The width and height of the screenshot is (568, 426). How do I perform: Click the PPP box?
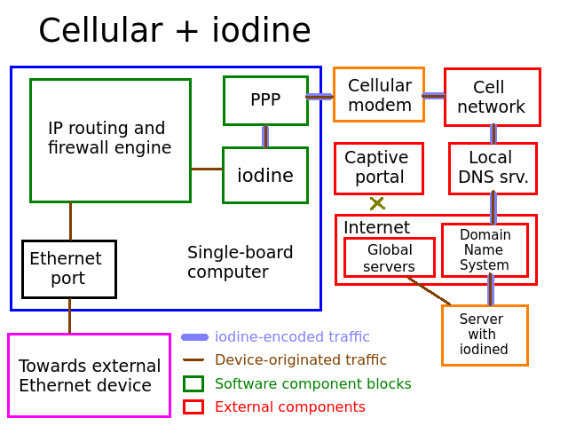pos(265,100)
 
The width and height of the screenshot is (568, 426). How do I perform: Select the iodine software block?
pos(265,176)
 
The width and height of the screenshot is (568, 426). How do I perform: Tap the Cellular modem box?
pos(379,95)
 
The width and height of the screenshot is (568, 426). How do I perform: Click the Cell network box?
pos(493,97)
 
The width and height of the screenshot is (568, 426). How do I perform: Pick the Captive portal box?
pos(379,169)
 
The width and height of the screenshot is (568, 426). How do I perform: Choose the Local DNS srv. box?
pos(493,169)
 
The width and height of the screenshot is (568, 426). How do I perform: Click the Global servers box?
pos(390,257)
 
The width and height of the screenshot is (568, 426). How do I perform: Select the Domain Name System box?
pos(485,250)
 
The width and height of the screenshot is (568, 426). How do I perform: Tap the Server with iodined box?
pos(485,335)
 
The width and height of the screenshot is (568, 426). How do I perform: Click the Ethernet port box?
pos(69,269)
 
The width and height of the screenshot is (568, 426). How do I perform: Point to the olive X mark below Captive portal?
pos(377,203)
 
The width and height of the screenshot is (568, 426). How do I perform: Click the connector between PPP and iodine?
pos(265,136)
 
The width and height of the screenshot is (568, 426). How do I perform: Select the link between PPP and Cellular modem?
pos(319,97)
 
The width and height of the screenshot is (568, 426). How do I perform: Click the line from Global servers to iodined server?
pos(430,291)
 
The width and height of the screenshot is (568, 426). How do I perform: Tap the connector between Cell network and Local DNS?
pos(493,134)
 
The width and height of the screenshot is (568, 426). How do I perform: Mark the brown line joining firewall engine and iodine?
pos(207,169)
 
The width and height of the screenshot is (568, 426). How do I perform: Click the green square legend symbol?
pos(193,384)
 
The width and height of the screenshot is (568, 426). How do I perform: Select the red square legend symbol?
pos(193,406)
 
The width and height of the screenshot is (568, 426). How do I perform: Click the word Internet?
pos(376,227)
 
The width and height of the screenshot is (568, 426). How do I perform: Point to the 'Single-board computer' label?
pos(240,262)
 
